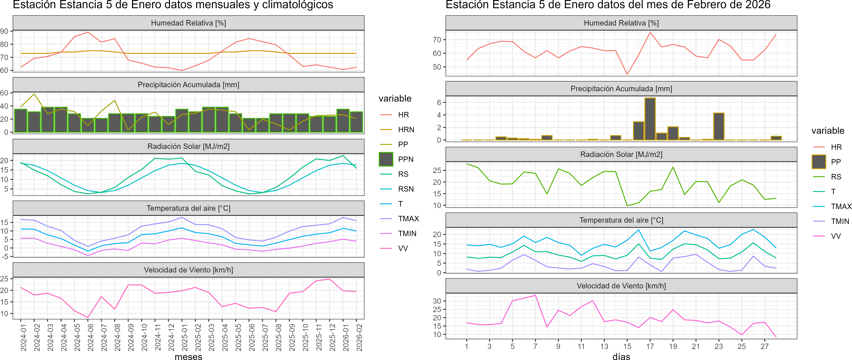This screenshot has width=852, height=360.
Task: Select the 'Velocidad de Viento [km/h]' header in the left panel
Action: tap(188, 270)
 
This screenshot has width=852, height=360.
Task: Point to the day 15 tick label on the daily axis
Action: tap(627, 346)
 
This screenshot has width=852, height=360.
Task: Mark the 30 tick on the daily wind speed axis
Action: tap(437, 301)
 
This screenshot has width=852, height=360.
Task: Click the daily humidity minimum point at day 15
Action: tap(627, 74)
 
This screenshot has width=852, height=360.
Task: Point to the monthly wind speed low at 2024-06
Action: tap(88, 317)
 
